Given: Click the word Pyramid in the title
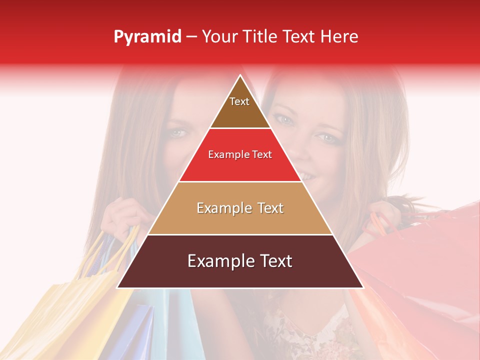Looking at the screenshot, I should click(147, 37).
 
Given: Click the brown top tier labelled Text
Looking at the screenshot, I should click(240, 110).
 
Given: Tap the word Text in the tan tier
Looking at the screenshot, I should click(267, 208).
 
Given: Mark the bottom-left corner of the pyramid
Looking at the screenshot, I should click(117, 287).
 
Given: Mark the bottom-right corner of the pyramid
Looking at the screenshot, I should click(363, 287).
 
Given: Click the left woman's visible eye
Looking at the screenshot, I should click(178, 133).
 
